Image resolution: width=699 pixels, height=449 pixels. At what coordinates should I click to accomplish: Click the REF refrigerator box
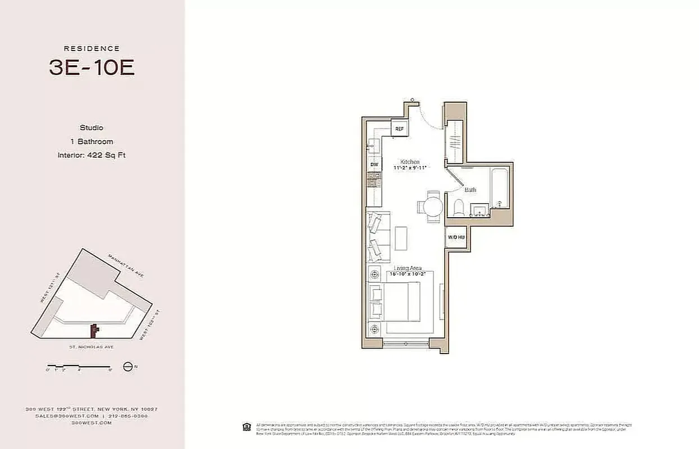(399, 129)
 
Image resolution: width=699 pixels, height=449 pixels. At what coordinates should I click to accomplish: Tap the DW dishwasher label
(374, 164)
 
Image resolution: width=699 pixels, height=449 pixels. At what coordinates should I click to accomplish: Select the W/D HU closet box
(456, 237)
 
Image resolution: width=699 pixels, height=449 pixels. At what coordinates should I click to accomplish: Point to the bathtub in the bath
(499, 187)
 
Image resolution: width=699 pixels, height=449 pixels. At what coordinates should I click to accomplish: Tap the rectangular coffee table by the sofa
(401, 238)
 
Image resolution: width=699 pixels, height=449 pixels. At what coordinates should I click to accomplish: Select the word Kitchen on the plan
(410, 162)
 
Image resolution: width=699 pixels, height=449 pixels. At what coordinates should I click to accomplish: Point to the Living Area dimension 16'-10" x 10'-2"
(408, 274)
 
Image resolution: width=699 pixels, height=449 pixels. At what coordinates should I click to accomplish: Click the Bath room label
(470, 190)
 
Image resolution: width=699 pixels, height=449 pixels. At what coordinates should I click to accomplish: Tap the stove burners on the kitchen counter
(374, 180)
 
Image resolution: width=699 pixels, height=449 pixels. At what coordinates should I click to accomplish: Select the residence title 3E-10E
(92, 67)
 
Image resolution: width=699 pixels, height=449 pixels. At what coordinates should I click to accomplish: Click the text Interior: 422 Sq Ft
(92, 155)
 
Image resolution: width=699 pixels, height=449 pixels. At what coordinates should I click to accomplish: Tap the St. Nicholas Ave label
(92, 347)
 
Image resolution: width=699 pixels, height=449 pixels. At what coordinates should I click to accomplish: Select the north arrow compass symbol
(128, 367)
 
